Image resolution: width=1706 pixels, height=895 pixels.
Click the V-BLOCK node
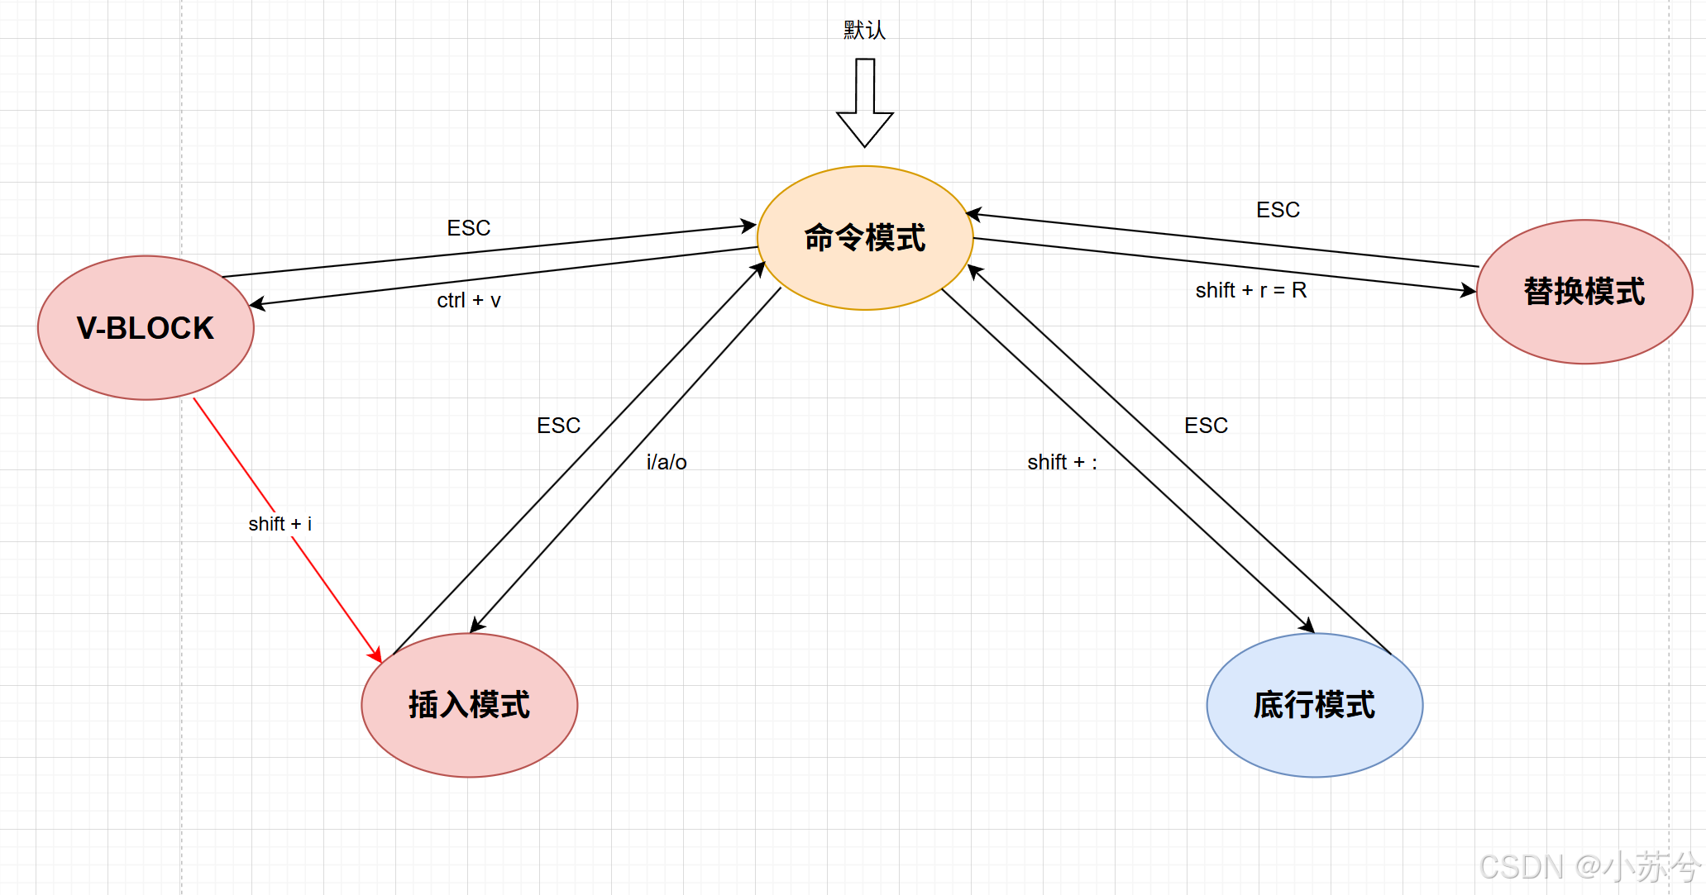pyautogui.click(x=146, y=328)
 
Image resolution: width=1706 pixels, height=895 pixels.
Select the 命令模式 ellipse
pyautogui.click(x=865, y=238)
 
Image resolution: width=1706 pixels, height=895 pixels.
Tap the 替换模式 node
pyautogui.click(x=1584, y=292)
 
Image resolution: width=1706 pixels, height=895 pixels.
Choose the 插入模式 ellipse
pyautogui.click(x=469, y=705)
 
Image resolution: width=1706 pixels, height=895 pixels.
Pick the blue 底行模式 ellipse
pyautogui.click(x=1314, y=705)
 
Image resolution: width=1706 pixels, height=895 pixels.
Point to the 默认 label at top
pyautogui.click(x=864, y=31)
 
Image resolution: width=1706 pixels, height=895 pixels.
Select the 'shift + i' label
pyautogui.click(x=280, y=524)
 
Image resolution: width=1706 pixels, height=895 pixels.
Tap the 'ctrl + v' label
pyautogui.click(x=469, y=300)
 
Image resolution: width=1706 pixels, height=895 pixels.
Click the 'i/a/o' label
pyautogui.click(x=667, y=462)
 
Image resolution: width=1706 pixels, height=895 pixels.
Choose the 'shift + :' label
pyautogui.click(x=1062, y=462)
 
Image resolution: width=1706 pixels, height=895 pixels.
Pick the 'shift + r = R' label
pyautogui.click(x=1250, y=290)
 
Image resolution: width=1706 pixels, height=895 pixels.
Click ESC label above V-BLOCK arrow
pyautogui.click(x=469, y=228)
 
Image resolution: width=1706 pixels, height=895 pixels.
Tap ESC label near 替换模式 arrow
pyautogui.click(x=1278, y=210)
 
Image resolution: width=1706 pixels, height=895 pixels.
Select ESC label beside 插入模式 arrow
pyautogui.click(x=558, y=426)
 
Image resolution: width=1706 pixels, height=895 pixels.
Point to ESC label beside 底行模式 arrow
pyautogui.click(x=1206, y=426)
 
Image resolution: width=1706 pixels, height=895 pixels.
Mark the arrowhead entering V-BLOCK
pyautogui.click(x=257, y=304)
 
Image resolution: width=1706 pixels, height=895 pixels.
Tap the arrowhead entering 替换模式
pyautogui.click(x=1469, y=290)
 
